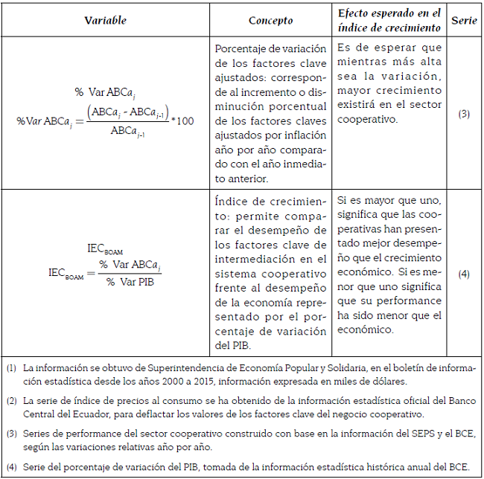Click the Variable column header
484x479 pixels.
click(x=105, y=20)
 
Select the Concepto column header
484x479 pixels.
click(x=270, y=20)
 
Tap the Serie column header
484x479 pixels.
click(x=464, y=20)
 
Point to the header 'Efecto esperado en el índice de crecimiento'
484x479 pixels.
click(x=389, y=20)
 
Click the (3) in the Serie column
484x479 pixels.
click(x=464, y=114)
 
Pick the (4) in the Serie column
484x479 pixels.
click(x=464, y=274)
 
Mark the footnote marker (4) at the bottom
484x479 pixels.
click(x=11, y=467)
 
